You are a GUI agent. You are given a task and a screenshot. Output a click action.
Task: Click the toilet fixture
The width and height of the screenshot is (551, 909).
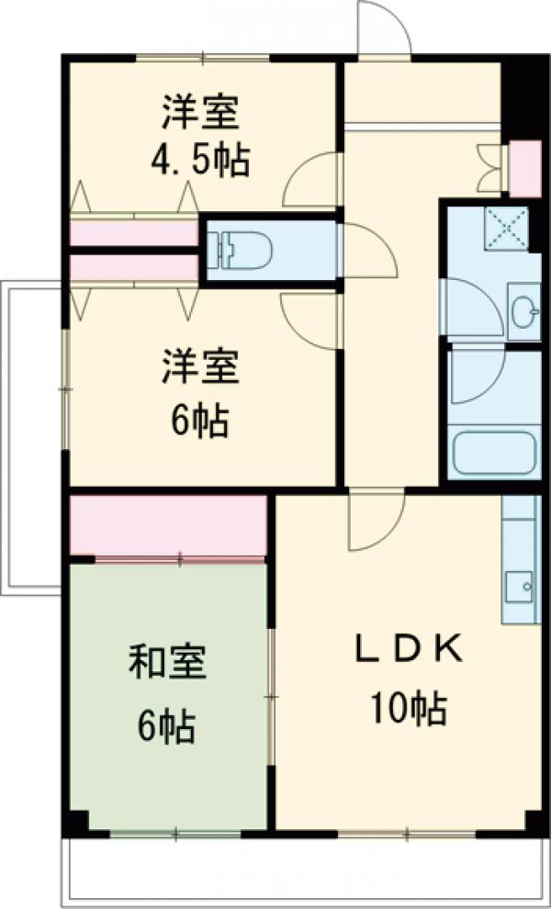tap(243, 246)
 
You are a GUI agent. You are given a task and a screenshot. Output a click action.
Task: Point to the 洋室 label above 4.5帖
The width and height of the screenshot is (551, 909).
tap(201, 115)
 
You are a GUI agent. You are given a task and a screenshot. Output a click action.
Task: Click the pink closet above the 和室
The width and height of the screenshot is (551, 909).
tap(169, 525)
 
